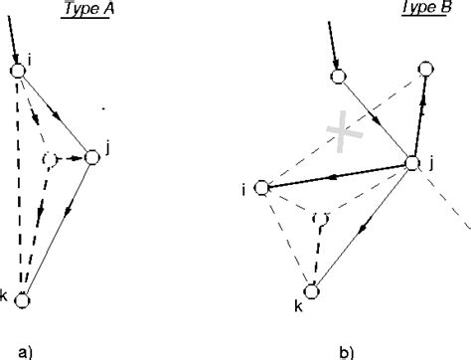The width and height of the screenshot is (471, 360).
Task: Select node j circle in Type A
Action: tap(92, 157)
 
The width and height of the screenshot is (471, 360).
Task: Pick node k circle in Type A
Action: tap(22, 299)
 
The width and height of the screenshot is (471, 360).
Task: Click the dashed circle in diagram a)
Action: tap(53, 160)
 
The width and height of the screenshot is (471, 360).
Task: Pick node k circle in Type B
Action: tap(316, 291)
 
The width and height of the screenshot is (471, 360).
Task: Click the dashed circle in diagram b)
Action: tap(320, 218)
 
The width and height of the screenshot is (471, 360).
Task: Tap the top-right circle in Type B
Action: tap(425, 69)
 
